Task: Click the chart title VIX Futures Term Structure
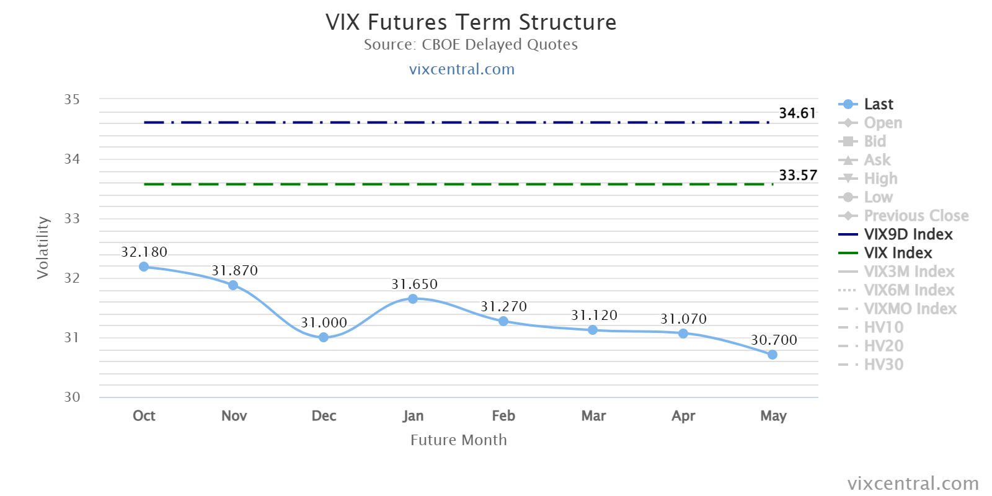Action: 471,22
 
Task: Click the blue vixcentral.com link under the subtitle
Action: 461,69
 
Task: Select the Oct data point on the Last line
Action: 143,267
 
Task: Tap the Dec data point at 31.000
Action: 324,337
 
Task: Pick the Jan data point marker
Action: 413,299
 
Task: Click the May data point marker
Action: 773,355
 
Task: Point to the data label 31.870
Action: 234,270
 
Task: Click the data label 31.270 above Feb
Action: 503,306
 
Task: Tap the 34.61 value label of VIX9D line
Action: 797,113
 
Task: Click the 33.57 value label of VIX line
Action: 797,175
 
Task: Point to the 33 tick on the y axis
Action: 72,218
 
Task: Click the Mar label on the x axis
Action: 593,415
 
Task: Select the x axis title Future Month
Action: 458,440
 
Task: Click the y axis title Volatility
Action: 43,247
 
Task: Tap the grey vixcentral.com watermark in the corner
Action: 913,484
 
